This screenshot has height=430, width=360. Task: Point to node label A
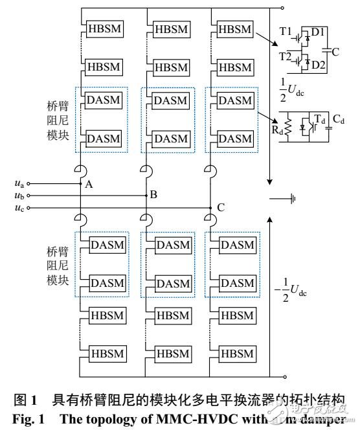[89, 185]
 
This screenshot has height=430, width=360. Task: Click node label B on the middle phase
[153, 195]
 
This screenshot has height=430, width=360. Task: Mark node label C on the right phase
[221, 208]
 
